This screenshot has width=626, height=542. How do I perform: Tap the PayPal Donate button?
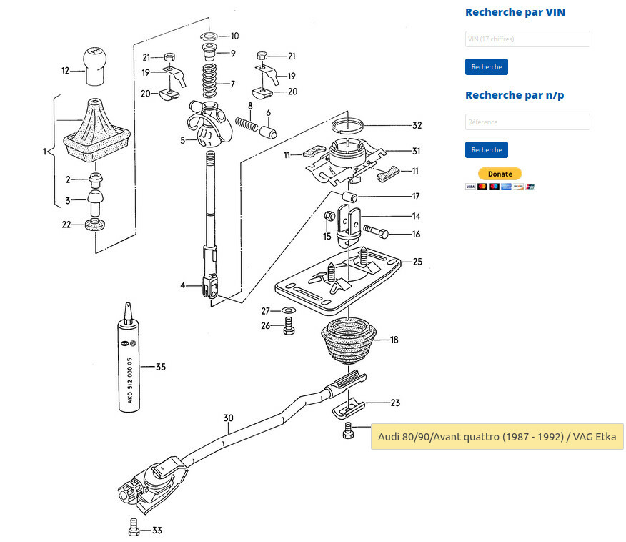pyautogui.click(x=500, y=174)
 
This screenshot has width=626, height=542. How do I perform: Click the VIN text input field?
pyautogui.click(x=527, y=39)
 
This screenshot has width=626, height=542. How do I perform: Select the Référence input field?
pyautogui.click(x=527, y=122)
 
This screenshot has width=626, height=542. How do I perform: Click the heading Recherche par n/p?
pyautogui.click(x=514, y=95)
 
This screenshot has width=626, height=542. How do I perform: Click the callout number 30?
pyautogui.click(x=228, y=418)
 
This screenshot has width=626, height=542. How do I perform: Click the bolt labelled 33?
pyautogui.click(x=133, y=529)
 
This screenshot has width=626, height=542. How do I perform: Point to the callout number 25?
pyautogui.click(x=417, y=262)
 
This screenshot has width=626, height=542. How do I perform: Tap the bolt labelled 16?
pyautogui.click(x=376, y=232)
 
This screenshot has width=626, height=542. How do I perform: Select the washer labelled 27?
pyautogui.click(x=289, y=311)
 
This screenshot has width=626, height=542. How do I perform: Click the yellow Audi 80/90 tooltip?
pyautogui.click(x=497, y=436)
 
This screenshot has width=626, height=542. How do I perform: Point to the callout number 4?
pyautogui.click(x=183, y=285)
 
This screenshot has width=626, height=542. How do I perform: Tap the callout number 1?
pyautogui.click(x=44, y=152)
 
